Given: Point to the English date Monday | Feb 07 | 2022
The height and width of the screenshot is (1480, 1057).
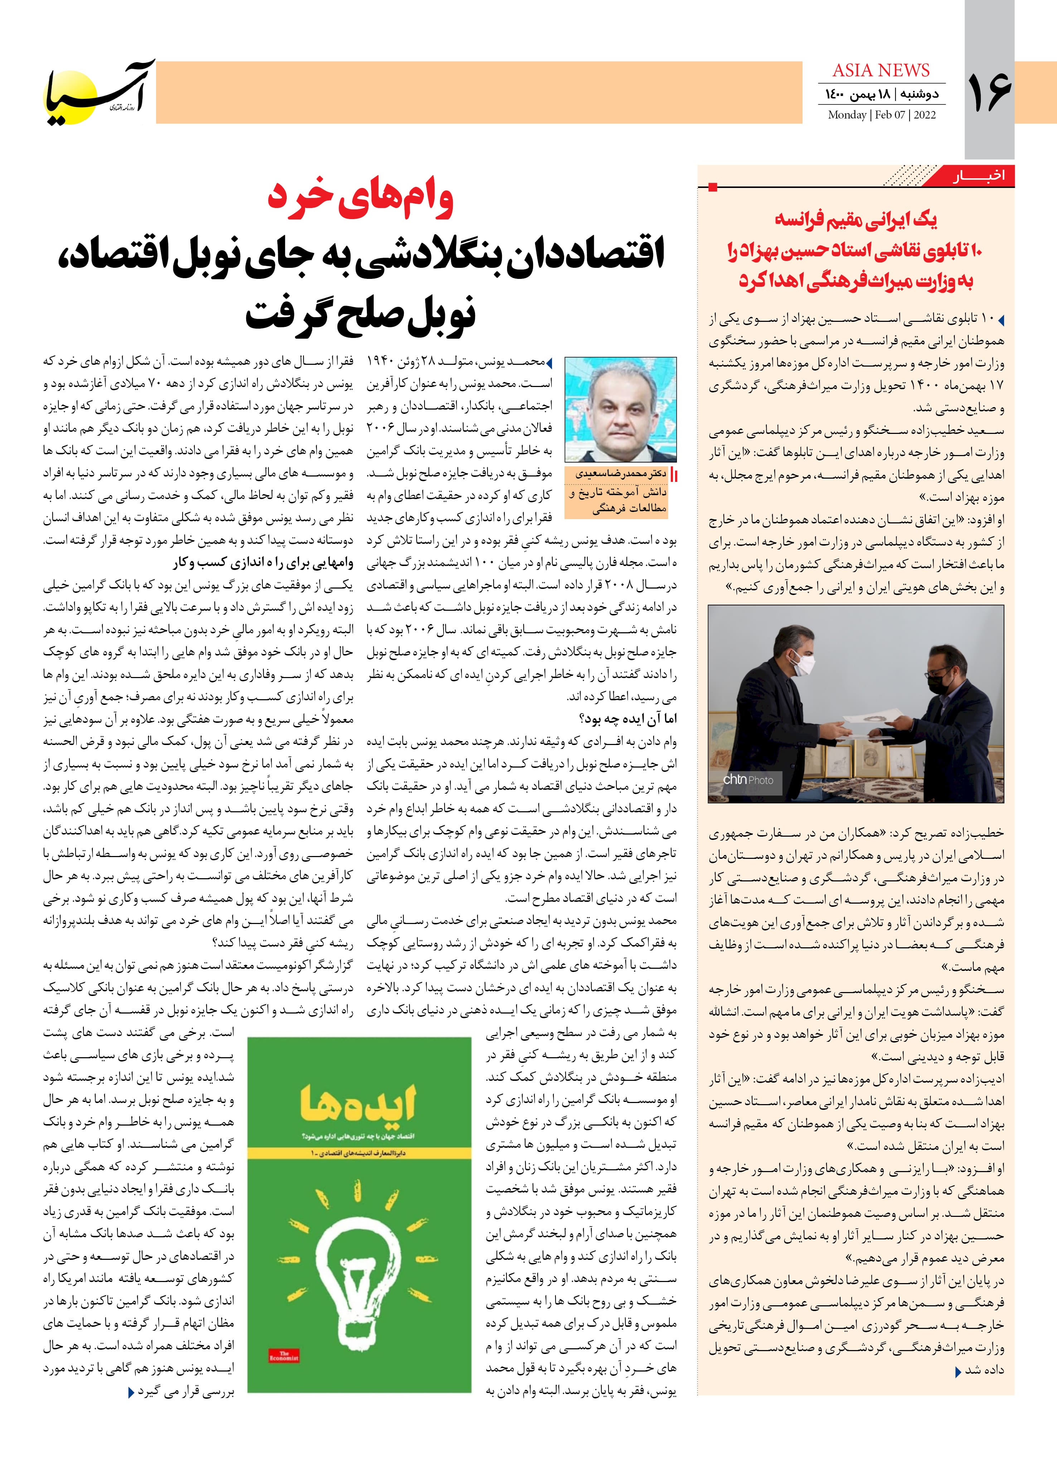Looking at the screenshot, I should click(x=881, y=115).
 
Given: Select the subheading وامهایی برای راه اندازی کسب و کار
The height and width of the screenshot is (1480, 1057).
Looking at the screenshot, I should click(x=263, y=563).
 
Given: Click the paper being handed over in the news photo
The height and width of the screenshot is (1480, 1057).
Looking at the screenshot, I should click(x=873, y=724).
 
